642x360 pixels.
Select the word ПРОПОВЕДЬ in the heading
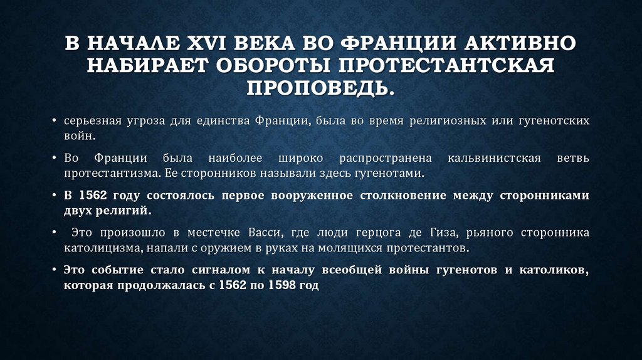pyautogui.click(x=321, y=86)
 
